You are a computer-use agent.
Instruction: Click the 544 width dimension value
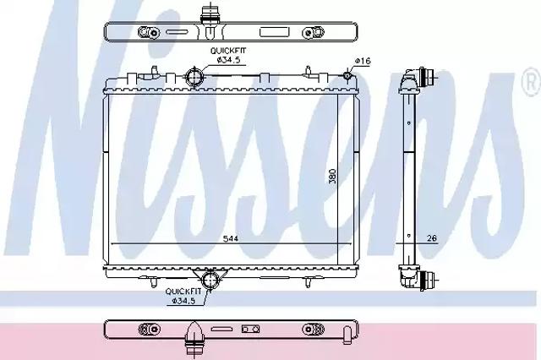[x=230, y=238]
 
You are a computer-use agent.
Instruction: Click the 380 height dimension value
[x=332, y=177]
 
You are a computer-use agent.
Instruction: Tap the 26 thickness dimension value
[x=432, y=238]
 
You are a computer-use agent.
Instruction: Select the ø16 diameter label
[x=363, y=61]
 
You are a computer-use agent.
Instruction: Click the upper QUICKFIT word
[x=228, y=51]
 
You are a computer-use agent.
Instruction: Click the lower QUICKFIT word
[x=183, y=292]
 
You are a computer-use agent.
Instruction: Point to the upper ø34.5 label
[x=228, y=60]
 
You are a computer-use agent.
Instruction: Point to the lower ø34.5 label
[x=183, y=301]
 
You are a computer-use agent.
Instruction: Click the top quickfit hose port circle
[x=194, y=78]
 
